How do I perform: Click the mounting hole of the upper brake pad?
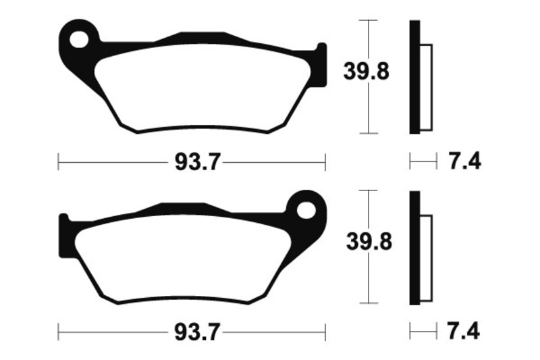click(78, 39)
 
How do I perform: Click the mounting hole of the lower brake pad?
click(306, 210)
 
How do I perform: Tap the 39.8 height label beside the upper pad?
click(366, 72)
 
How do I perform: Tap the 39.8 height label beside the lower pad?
click(369, 242)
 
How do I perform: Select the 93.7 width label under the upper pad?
click(197, 161)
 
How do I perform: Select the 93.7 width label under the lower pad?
click(197, 332)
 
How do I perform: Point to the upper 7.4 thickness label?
click(464, 161)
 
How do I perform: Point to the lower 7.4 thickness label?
click(464, 332)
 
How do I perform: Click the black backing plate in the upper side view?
click(414, 77)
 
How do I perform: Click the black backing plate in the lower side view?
click(414, 248)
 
